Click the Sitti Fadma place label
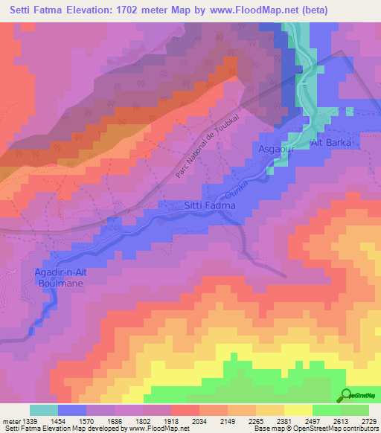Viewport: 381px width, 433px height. tap(209, 205)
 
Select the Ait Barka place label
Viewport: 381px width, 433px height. tap(330, 141)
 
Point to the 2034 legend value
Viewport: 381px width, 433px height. tap(199, 421)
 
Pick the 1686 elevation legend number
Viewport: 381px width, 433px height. tap(115, 421)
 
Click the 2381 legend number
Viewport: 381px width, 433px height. tap(284, 421)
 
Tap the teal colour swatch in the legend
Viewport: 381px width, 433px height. tap(44, 410)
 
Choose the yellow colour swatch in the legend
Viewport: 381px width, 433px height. tap(298, 410)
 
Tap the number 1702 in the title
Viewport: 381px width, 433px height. tap(137, 10)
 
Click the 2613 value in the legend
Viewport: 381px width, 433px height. tap(327, 421)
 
